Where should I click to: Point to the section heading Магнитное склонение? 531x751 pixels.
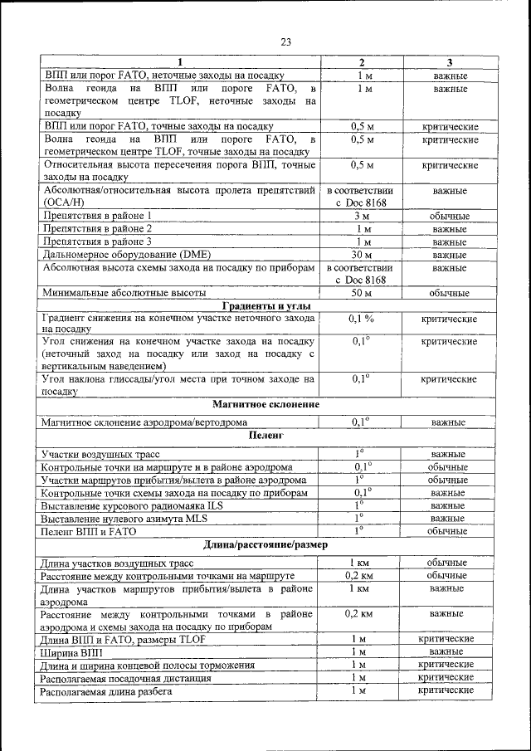265,404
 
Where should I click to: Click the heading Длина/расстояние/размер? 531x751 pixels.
265,545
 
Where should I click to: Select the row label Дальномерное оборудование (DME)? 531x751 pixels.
114,255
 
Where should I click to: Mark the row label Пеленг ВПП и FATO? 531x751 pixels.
88,530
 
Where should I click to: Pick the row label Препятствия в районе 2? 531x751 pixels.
96,228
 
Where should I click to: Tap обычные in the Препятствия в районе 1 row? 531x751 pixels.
449,216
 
